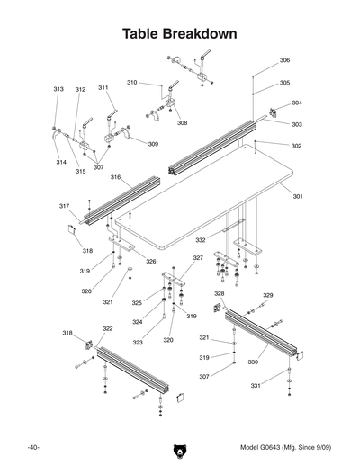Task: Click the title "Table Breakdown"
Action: pos(180,34)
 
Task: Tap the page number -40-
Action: pos(32,448)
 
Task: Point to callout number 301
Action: pos(298,197)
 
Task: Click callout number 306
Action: pos(284,60)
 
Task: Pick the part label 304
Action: pos(296,103)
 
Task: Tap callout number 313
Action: pos(58,89)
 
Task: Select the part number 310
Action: pos(131,83)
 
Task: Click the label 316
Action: pos(115,177)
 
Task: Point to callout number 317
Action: pos(65,206)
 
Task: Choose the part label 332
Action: pos(201,240)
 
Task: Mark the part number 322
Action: pos(107,328)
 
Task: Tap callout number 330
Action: pos(253,362)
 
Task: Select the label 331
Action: pos(256,385)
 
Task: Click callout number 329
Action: pos(267,295)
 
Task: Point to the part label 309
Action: pos(153,144)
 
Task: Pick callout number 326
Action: pos(151,262)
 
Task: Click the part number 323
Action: pos(139,343)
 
